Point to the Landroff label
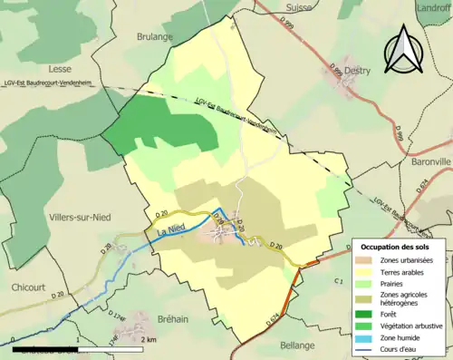point(433,7)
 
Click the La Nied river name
point(171,235)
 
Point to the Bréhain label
point(153,308)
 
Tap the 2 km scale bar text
point(149,339)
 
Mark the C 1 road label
point(336,283)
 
